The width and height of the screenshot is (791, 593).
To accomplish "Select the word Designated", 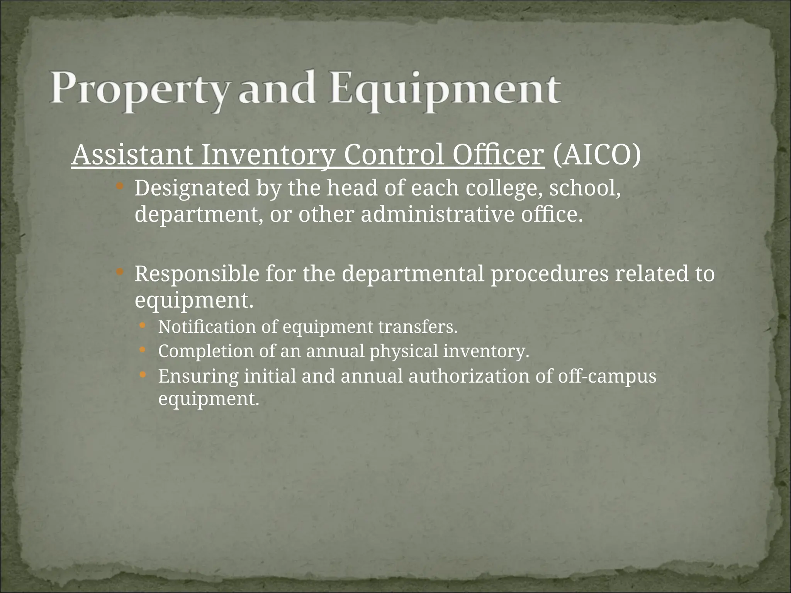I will click(x=192, y=188).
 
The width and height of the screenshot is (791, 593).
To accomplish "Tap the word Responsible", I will click(x=196, y=274).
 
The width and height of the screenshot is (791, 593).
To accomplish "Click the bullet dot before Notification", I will click(x=143, y=326).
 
